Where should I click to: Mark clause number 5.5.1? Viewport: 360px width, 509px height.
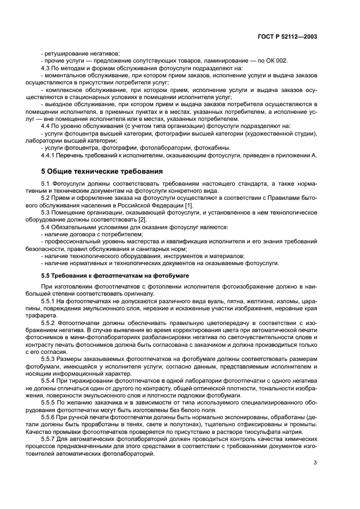50,301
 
